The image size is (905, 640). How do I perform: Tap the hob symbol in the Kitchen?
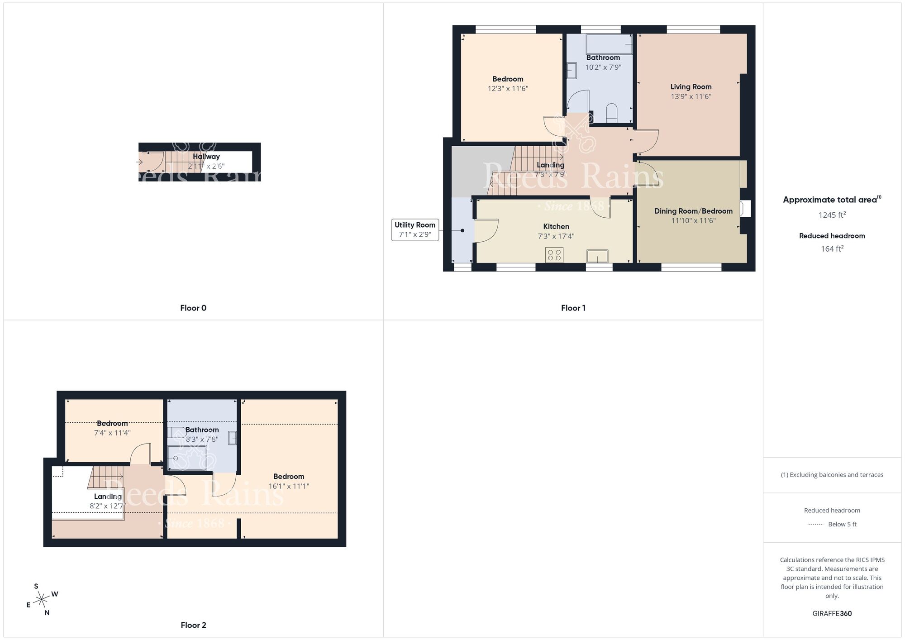coord(554,255)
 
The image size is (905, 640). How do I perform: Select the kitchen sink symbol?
coord(597,256)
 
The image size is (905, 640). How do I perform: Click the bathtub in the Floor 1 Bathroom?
coord(609,44)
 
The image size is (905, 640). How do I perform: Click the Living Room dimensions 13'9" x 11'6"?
coord(691,96)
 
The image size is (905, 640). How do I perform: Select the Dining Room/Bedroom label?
coord(693,211)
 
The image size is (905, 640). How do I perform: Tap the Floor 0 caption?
coord(193,308)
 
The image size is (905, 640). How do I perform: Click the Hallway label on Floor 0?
coord(206,157)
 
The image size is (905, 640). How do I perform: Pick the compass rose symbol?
coord(42,600)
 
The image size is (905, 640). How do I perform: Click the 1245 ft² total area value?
coord(832,215)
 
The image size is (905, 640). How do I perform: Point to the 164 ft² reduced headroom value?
coord(832,248)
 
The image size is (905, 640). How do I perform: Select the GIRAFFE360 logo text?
coord(832,613)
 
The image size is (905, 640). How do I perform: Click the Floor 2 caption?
coord(193,625)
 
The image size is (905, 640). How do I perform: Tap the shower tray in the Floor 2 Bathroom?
coord(187,458)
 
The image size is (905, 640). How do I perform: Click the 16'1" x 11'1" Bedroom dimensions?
coord(289,486)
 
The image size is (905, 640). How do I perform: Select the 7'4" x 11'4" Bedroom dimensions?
coord(112,433)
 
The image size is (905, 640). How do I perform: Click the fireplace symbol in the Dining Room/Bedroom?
coord(745,209)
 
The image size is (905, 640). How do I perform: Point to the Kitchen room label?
coord(556,226)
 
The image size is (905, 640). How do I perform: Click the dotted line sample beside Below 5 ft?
coord(815,525)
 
